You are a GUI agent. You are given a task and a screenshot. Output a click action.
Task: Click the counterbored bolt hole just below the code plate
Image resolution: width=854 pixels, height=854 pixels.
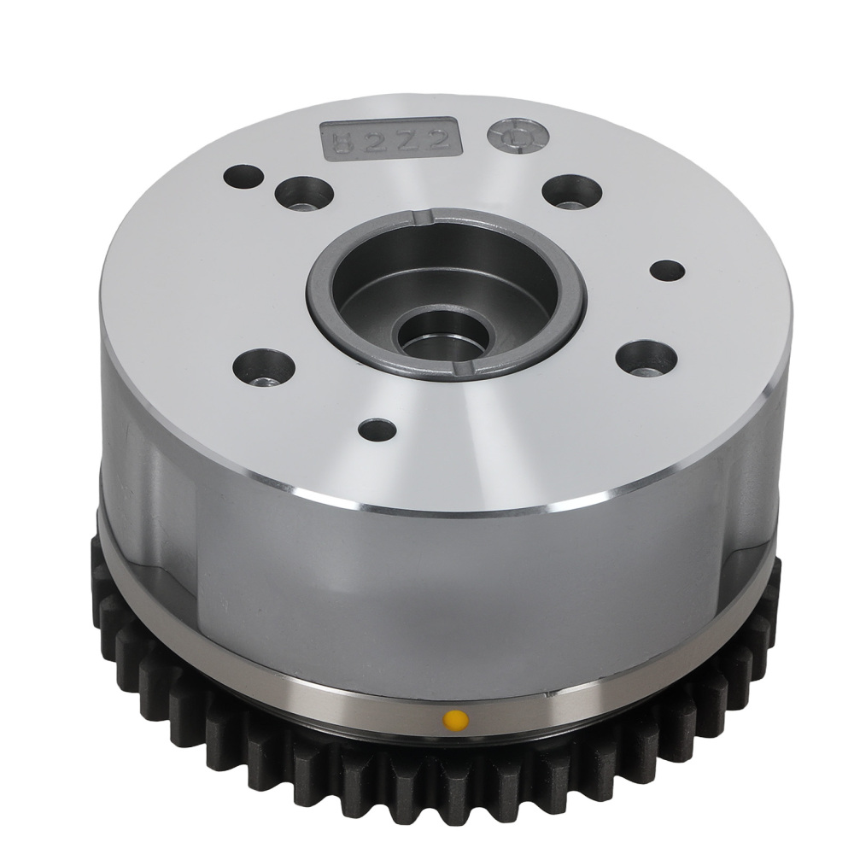pos(304,193)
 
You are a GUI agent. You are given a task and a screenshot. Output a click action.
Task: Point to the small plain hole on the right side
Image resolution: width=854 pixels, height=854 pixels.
pos(667,270)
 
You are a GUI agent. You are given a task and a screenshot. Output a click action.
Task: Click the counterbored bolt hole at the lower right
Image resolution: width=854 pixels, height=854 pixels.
pos(646,357)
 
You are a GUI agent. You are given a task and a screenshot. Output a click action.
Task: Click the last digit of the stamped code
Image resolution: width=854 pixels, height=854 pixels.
pos(439,140)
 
